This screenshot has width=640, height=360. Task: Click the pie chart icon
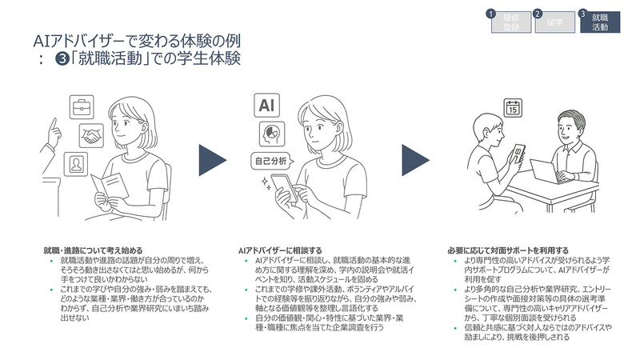click(266, 134)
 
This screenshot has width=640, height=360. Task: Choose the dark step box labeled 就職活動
click(599, 23)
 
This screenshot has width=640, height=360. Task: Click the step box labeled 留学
click(554, 22)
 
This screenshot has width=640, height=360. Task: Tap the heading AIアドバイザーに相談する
click(281, 250)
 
